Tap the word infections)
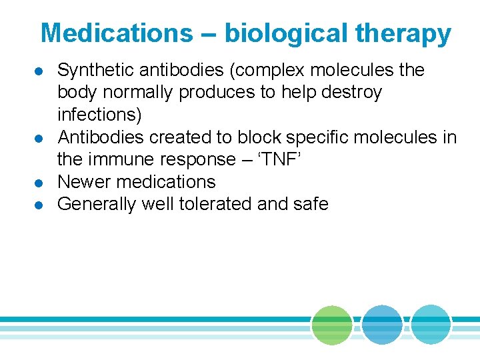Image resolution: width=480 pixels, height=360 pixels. [100, 115]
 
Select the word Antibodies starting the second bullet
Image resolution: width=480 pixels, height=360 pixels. [101, 137]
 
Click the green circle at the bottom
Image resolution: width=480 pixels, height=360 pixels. [332, 325]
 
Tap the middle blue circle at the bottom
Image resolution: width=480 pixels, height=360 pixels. [382, 325]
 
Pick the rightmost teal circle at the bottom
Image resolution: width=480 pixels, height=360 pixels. [431, 325]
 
